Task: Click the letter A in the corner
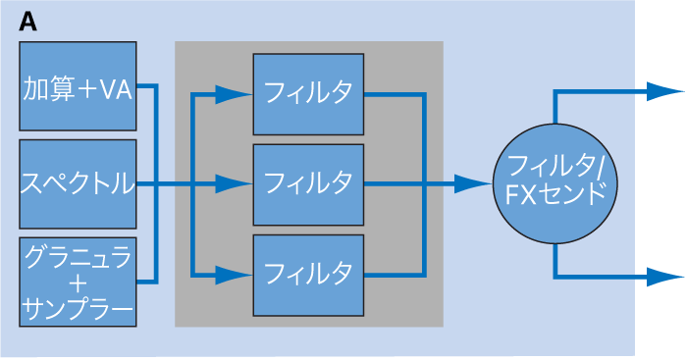pyautogui.click(x=28, y=23)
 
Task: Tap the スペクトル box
pyautogui.click(x=78, y=183)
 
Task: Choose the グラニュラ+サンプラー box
pyautogui.click(x=78, y=282)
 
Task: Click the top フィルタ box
pyautogui.click(x=309, y=94)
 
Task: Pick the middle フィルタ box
pyautogui.click(x=309, y=183)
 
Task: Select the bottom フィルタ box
pyautogui.click(x=309, y=273)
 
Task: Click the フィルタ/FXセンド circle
pyautogui.click(x=555, y=182)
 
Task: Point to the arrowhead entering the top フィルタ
pyautogui.click(x=235, y=94)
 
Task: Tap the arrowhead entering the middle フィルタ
pyautogui.click(x=235, y=183)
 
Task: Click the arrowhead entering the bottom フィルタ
pyautogui.click(x=235, y=273)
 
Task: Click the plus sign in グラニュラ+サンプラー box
pyautogui.click(x=78, y=284)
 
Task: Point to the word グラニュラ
pyautogui.click(x=78, y=259)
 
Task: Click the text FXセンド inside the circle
pyautogui.click(x=555, y=195)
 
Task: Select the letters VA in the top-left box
pyautogui.click(x=114, y=90)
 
